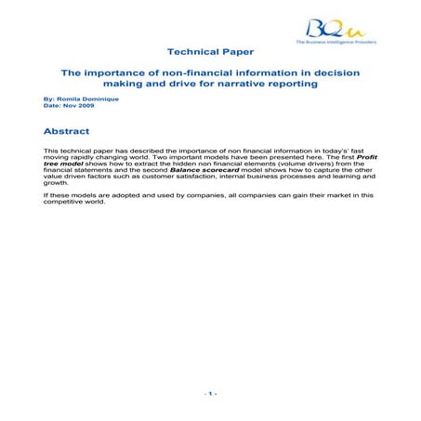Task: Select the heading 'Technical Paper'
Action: coord(211,53)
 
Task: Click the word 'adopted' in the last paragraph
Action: coord(109,195)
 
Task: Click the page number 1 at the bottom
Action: coord(211,394)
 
